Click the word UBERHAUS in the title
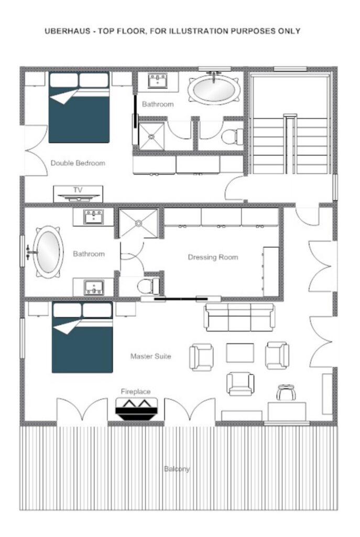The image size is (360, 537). (x=68, y=31)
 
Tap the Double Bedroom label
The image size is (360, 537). (x=78, y=163)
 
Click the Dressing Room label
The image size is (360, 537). (x=213, y=257)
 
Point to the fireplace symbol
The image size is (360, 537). (x=137, y=409)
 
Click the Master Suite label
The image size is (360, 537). (x=150, y=356)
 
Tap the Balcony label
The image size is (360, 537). (x=177, y=469)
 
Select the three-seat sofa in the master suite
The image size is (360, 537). (x=239, y=317)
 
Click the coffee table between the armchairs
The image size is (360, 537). (x=240, y=352)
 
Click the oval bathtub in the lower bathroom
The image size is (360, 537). (x=48, y=252)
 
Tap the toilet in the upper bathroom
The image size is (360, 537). (x=232, y=137)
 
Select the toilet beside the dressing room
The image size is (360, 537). (x=148, y=286)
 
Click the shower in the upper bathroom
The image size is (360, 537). (x=151, y=136)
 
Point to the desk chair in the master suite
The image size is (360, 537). (x=286, y=392)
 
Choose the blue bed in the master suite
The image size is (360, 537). (x=82, y=337)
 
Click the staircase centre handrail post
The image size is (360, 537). (x=290, y=144)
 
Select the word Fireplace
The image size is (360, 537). (x=136, y=391)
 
